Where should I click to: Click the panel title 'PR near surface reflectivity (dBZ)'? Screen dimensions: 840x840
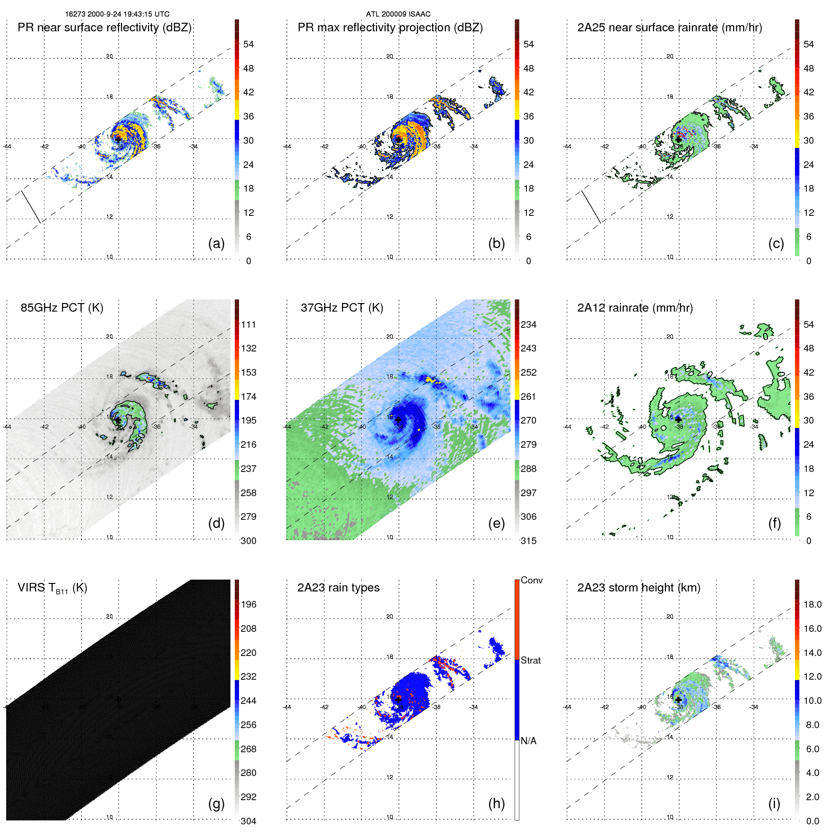pyautogui.click(x=104, y=28)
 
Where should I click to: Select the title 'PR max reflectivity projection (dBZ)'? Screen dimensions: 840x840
pyautogui.click(x=390, y=28)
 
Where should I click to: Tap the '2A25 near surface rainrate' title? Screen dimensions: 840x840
pyautogui.click(x=669, y=28)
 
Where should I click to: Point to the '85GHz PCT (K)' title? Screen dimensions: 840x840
pyautogui.click(x=62, y=308)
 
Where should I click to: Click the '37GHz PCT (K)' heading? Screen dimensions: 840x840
pyautogui.click(x=342, y=308)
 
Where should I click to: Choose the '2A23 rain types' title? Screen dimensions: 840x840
pyautogui.click(x=338, y=588)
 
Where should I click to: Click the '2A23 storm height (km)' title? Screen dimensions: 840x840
pyautogui.click(x=638, y=588)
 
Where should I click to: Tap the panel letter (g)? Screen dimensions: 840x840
pyautogui.click(x=216, y=803)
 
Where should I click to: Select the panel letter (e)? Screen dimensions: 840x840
pyautogui.click(x=496, y=523)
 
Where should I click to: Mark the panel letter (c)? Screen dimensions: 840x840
pyautogui.click(x=776, y=243)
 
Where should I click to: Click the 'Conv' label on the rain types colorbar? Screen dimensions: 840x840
pyautogui.click(x=531, y=581)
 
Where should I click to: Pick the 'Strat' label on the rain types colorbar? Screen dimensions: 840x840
pyautogui.click(x=530, y=661)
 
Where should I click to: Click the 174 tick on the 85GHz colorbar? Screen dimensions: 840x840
pyautogui.click(x=249, y=397)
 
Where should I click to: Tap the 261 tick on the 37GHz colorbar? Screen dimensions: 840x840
pyautogui.click(x=528, y=397)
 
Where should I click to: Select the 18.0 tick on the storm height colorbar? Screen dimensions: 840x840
pyautogui.click(x=812, y=605)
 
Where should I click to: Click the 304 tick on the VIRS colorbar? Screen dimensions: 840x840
pyautogui.click(x=249, y=821)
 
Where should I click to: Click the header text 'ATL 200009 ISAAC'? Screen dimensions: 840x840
pyautogui.click(x=398, y=14)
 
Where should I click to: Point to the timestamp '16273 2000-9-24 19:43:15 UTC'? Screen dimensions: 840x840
pyautogui.click(x=117, y=14)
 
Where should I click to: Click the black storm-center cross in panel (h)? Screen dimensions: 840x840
pyautogui.click(x=398, y=700)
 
